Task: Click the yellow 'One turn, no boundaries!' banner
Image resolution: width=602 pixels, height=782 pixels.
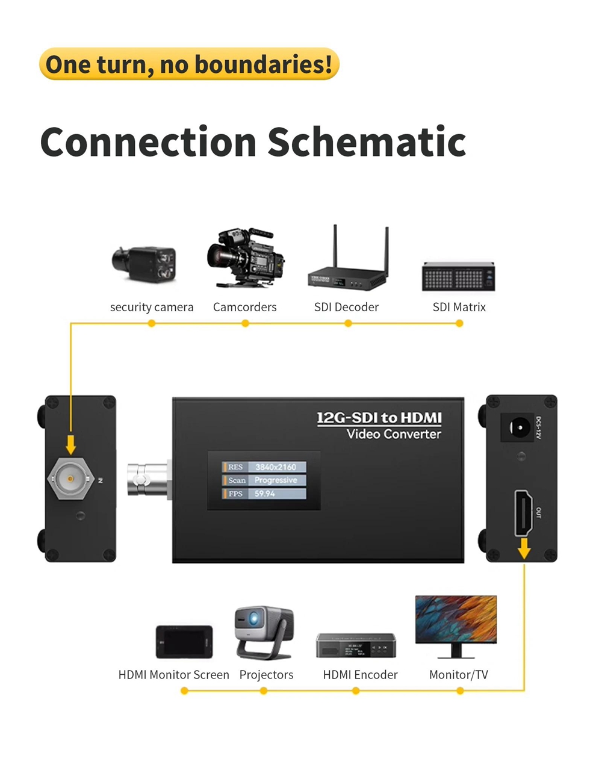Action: [x=189, y=64]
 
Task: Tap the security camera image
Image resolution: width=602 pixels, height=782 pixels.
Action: [x=145, y=263]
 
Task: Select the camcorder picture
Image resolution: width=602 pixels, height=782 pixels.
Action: [x=246, y=257]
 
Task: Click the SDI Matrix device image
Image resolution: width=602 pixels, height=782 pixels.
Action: [x=459, y=277]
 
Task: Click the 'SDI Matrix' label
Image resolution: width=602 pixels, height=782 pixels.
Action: [x=459, y=307]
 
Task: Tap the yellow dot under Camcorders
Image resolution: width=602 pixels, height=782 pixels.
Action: [x=245, y=323]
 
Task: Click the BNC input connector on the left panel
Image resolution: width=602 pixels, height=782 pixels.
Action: [x=71, y=479]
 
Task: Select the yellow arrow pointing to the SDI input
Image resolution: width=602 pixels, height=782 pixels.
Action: [x=71, y=445]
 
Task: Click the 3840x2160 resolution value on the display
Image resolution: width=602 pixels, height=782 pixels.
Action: [x=275, y=467]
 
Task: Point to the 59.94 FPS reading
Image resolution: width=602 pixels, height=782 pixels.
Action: [x=265, y=494]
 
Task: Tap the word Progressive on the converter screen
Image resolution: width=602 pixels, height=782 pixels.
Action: [x=276, y=480]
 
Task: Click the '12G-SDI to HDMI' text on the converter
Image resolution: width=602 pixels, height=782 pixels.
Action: [x=379, y=418]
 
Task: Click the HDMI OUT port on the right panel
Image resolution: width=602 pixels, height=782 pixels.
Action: [x=523, y=513]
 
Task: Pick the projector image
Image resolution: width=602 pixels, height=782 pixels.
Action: [x=264, y=632]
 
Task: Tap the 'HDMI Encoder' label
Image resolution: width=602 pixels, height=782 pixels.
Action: [x=360, y=675]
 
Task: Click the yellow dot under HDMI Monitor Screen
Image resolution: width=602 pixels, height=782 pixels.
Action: [x=184, y=690]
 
